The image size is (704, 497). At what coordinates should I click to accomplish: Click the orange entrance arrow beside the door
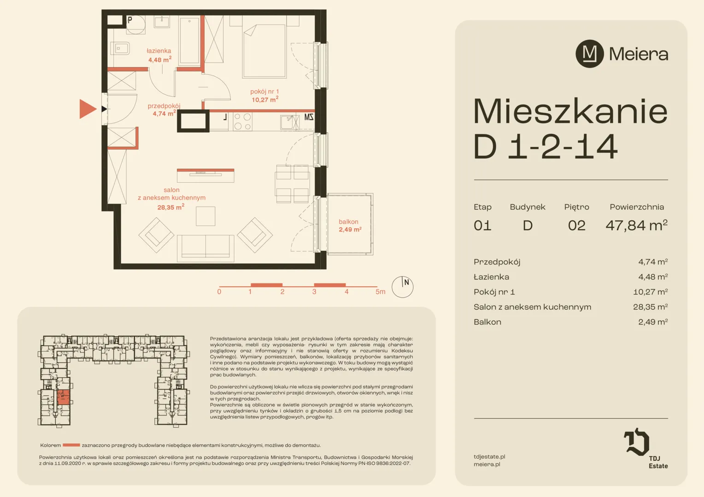point(88,109)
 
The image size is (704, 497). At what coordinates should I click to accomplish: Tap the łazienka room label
point(158,51)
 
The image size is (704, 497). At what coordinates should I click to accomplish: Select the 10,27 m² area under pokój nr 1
point(265,99)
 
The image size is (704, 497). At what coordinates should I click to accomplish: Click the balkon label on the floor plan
point(348,222)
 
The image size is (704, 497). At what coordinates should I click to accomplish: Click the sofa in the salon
point(205,248)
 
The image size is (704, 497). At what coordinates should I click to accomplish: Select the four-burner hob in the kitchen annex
point(243,122)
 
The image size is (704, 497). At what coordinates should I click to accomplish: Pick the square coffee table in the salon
point(205,216)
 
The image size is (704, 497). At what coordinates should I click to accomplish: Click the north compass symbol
point(402,287)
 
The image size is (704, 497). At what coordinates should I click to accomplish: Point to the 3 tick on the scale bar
point(314,292)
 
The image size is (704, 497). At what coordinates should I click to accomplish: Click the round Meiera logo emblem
point(590,54)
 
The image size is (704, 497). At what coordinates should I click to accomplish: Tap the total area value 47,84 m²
point(636,225)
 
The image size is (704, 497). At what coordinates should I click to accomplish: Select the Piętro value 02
point(577,225)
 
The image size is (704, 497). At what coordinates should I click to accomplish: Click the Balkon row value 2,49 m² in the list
point(653,322)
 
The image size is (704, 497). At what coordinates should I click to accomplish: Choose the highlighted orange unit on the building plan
point(64,397)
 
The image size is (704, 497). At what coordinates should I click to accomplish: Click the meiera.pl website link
point(487,464)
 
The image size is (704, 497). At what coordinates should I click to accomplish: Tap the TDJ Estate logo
point(644,448)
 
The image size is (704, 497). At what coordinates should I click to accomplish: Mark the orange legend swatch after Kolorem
point(71,445)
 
